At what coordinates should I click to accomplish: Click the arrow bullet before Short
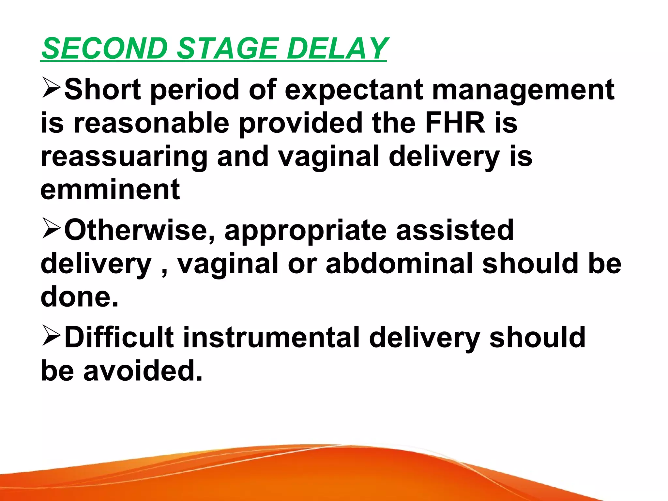tap(51, 88)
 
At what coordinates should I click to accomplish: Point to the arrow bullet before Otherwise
tap(51, 229)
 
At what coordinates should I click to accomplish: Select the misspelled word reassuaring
tap(124, 157)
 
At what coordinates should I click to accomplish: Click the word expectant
tap(354, 90)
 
